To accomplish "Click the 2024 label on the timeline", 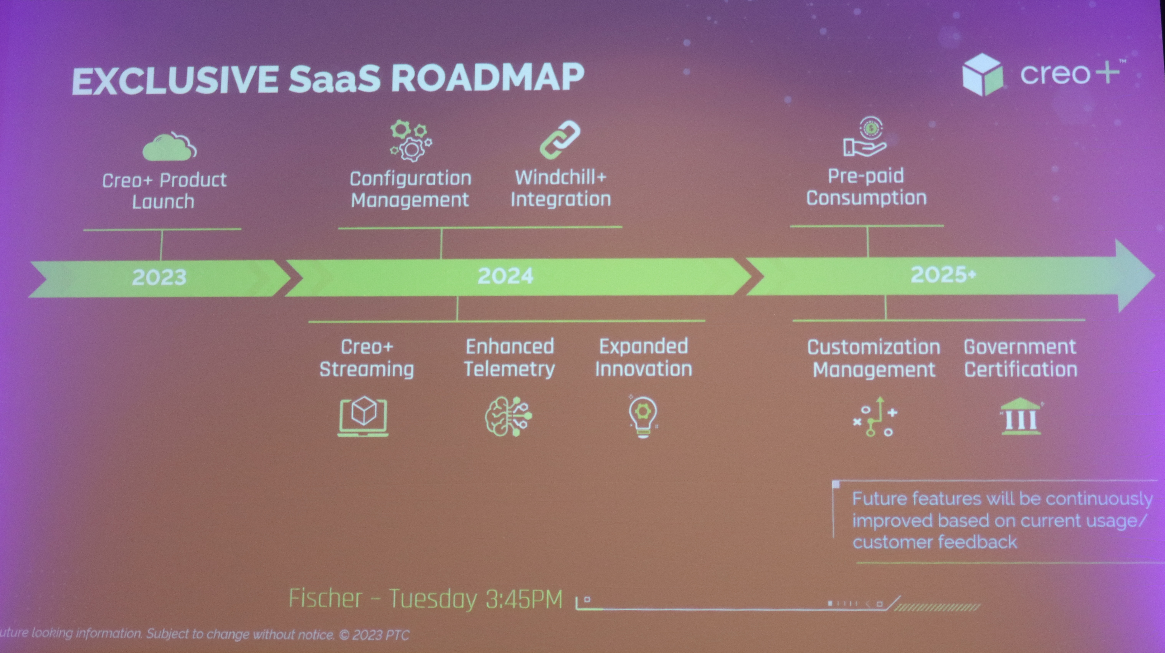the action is click(505, 276).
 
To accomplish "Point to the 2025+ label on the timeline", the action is click(943, 274).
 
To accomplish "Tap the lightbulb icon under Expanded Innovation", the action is click(643, 416).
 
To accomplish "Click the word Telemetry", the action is click(509, 369).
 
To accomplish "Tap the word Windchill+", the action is click(560, 177).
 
